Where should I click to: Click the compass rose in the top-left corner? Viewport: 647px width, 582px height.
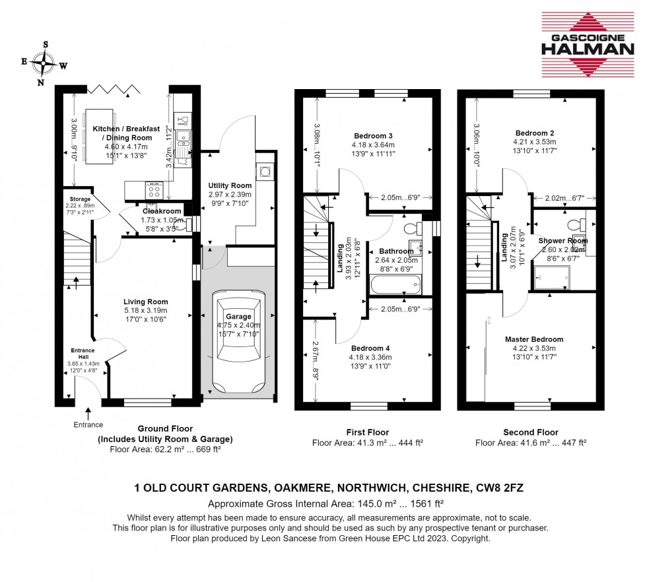point(44,64)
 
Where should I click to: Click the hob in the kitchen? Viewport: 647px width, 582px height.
point(156,191)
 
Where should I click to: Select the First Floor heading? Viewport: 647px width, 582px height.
point(367,433)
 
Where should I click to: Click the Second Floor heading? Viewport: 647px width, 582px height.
point(531,433)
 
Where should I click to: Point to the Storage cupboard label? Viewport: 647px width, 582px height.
point(76,197)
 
